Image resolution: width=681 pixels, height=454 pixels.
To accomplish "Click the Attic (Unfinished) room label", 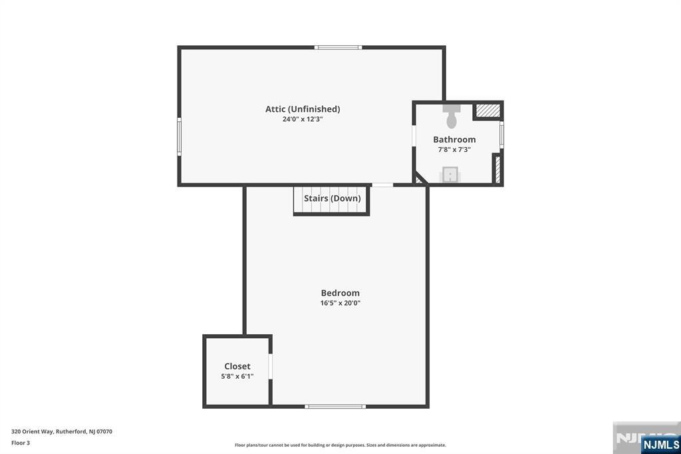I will (x=303, y=109).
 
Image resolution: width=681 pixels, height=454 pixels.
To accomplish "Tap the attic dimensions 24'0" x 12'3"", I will (x=303, y=119).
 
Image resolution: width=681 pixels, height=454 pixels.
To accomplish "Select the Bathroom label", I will (x=454, y=140).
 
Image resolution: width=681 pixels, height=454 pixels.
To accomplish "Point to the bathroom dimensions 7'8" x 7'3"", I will (x=454, y=150).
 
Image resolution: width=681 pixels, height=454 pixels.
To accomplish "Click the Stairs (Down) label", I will (x=332, y=198).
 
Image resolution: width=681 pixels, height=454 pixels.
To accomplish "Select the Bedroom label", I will (x=340, y=293).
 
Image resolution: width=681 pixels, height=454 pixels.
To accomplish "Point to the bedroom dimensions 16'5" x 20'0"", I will (x=340, y=303).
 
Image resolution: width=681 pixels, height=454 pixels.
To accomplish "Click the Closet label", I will (x=237, y=366).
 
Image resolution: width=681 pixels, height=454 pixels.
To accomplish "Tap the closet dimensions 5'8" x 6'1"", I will (x=237, y=376).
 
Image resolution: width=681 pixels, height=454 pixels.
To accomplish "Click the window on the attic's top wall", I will (x=339, y=47).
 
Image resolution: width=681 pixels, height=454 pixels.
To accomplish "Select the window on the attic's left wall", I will (x=179, y=136).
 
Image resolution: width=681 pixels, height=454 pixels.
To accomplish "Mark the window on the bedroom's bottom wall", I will (x=335, y=406).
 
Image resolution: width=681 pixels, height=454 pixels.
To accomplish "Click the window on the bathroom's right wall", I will (x=501, y=135).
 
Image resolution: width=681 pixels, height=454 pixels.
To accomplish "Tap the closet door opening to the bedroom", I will (x=271, y=367).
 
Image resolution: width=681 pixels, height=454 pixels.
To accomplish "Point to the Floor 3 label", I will (x=21, y=443).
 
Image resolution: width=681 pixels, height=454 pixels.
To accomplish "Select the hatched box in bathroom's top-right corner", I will (x=488, y=111).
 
